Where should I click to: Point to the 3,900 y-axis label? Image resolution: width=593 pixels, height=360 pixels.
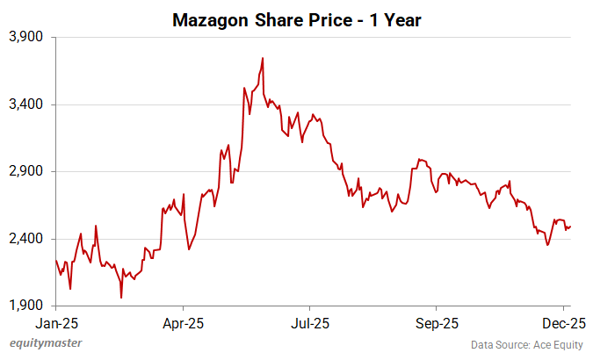pyautogui.click(x=25, y=38)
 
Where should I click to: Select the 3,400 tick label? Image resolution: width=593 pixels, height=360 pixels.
pyautogui.click(x=25, y=104)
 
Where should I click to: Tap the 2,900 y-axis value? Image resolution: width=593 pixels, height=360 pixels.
pyautogui.click(x=25, y=172)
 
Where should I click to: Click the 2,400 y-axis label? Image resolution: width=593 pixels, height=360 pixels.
pyautogui.click(x=25, y=239)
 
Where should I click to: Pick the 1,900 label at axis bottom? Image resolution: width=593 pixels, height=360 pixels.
pyautogui.click(x=25, y=306)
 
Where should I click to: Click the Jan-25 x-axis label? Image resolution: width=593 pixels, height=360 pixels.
pyautogui.click(x=55, y=321)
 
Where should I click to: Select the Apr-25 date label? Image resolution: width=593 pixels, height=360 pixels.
pyautogui.click(x=184, y=321)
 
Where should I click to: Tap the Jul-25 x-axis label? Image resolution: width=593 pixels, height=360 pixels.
pyautogui.click(x=310, y=321)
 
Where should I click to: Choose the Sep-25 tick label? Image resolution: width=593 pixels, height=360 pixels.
pyautogui.click(x=437, y=321)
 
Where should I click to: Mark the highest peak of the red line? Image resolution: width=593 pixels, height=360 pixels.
pyautogui.click(x=263, y=59)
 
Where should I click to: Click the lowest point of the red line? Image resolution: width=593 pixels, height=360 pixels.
pyautogui.click(x=121, y=298)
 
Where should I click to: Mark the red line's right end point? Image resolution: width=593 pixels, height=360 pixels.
pyautogui.click(x=571, y=227)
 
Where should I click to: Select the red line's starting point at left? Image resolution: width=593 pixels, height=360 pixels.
pyautogui.click(x=55, y=260)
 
